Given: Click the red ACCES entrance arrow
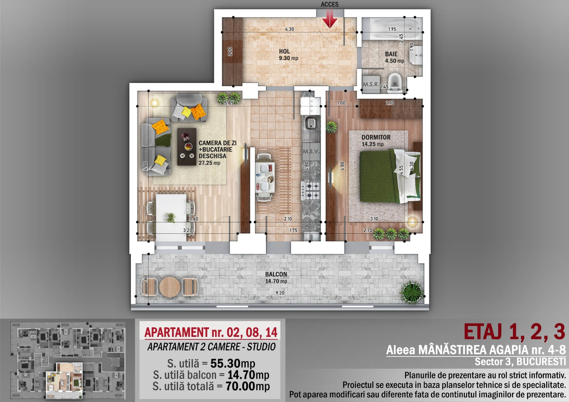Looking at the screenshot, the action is [330, 19].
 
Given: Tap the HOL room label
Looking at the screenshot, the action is [284, 52].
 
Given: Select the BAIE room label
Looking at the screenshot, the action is [391, 54].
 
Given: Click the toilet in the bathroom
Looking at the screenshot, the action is [395, 82].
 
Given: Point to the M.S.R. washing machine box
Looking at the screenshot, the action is [371, 84].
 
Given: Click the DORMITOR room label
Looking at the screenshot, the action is [376, 137].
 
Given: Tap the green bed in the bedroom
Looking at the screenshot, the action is [390, 176].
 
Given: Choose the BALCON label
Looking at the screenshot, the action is [276, 274].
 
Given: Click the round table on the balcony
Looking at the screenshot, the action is [170, 287].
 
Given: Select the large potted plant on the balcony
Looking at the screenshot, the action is [412, 292].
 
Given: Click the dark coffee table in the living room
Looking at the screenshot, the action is [187, 147].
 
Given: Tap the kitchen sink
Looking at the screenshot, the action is [311, 124].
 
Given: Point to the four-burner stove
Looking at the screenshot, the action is [311, 191].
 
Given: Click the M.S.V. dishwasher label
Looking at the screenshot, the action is [311, 151].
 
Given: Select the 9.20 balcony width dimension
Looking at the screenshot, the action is [280, 293].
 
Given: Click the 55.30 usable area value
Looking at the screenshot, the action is [225, 364].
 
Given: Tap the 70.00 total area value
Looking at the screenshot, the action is [240, 386].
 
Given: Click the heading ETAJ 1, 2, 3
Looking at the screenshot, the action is [515, 332].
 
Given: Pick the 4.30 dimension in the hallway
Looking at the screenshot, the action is [289, 29].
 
